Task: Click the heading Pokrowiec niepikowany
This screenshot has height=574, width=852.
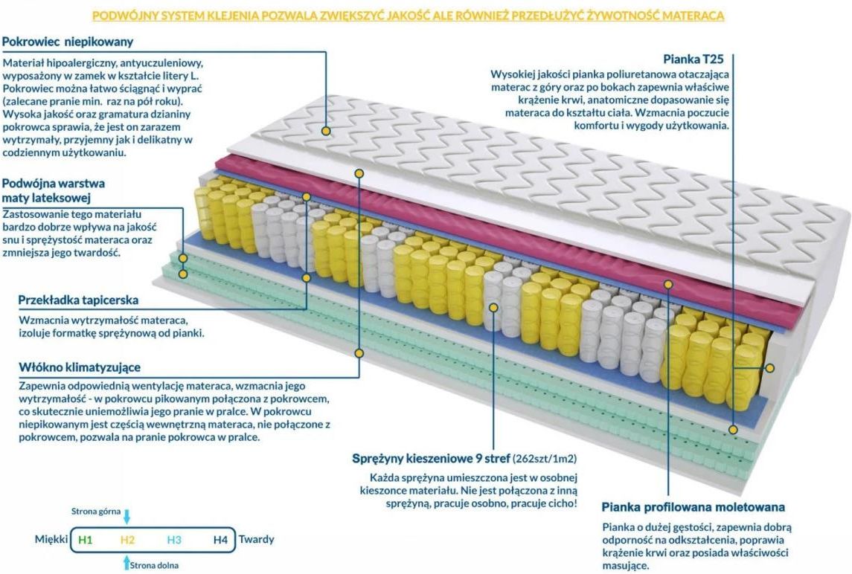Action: pyautogui.click(x=68, y=42)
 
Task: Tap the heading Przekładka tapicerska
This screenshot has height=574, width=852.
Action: pyautogui.click(x=79, y=300)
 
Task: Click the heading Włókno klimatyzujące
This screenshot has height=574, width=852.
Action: pyautogui.click(x=80, y=367)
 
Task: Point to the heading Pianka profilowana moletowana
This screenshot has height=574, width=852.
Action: pyautogui.click(x=693, y=507)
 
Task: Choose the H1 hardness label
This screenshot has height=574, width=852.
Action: pyautogui.click(x=86, y=539)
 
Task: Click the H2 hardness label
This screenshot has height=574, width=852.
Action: pyautogui.click(x=127, y=539)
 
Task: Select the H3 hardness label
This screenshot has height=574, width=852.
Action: pyautogui.click(x=174, y=539)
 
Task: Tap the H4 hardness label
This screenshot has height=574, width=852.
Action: pyautogui.click(x=220, y=539)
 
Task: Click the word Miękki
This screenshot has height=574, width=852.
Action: pyautogui.click(x=51, y=539)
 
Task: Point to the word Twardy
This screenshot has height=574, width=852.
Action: pyautogui.click(x=256, y=539)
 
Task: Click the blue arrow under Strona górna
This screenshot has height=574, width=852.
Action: pyautogui.click(x=127, y=517)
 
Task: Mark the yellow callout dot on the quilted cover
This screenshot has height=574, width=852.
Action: pyautogui.click(x=327, y=131)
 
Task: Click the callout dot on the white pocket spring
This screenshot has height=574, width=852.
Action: pyautogui.click(x=493, y=306)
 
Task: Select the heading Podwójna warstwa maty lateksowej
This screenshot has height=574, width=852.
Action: pyautogui.click(x=54, y=190)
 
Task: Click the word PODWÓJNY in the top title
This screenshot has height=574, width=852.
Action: pyautogui.click(x=118, y=15)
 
